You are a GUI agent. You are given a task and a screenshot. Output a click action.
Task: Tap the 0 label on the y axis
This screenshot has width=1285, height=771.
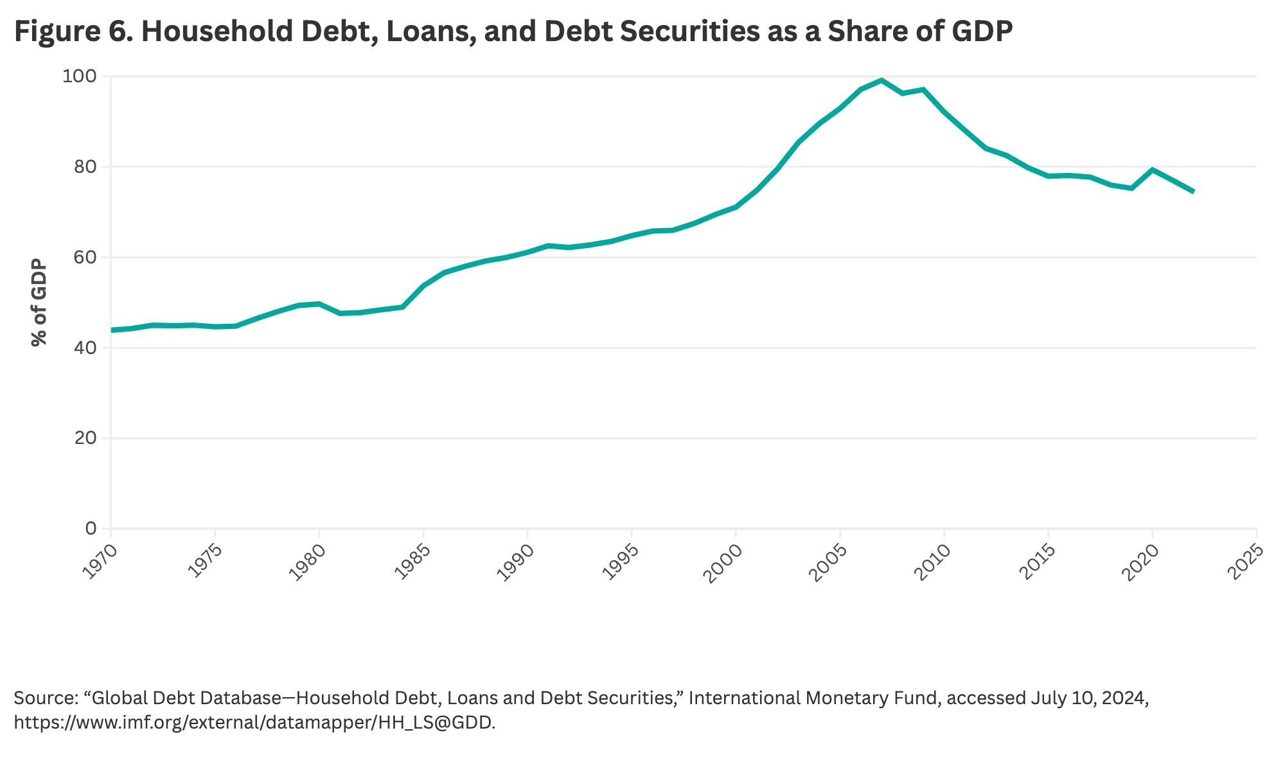[x=90, y=529]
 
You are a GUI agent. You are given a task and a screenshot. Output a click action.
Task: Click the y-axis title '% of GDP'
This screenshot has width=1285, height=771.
[x=39, y=302]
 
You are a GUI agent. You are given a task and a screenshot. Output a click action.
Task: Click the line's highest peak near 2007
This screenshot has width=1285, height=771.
[x=882, y=80]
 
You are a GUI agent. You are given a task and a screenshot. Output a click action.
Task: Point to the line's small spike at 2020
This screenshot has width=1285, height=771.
[x=1153, y=170]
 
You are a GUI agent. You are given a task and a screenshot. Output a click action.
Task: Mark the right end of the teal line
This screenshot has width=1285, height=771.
[x=1193, y=191]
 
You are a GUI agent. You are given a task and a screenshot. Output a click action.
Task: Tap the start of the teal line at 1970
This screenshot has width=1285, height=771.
[x=112, y=330]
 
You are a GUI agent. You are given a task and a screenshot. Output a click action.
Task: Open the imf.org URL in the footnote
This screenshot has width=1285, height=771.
[x=254, y=722]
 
